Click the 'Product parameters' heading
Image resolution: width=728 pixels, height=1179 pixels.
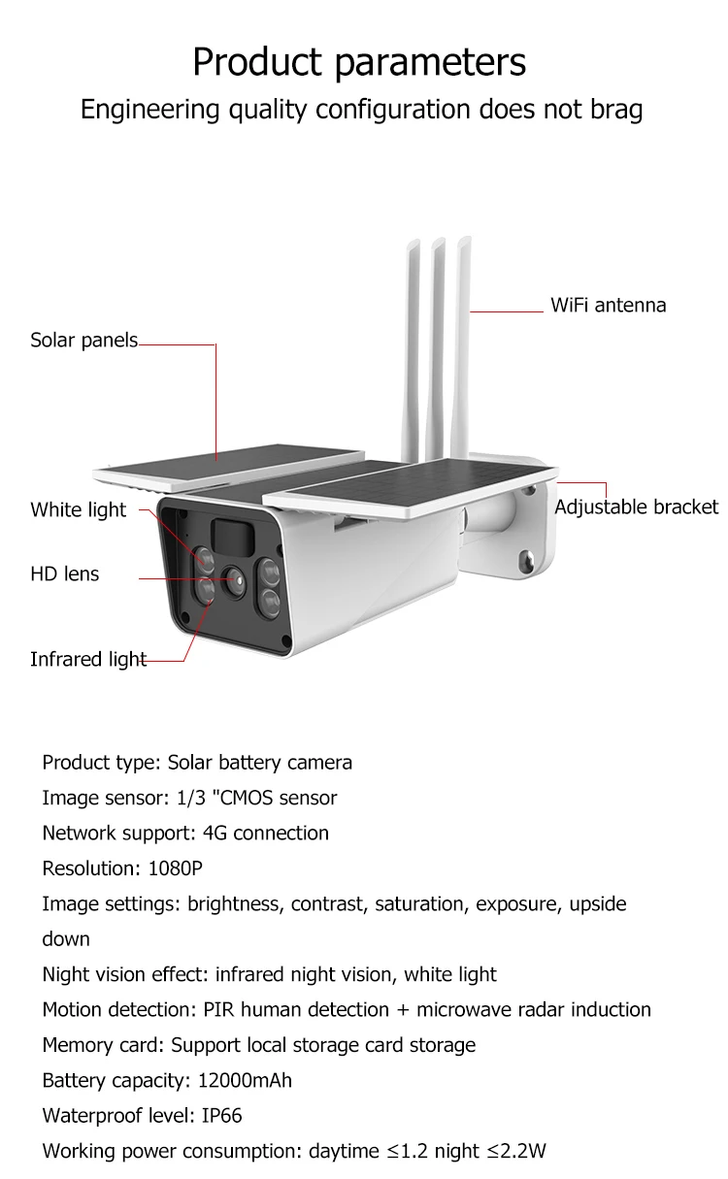coord(359,62)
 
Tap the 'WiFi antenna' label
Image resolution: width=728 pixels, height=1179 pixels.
coord(608,305)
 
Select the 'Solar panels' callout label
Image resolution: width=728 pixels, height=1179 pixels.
coord(84,341)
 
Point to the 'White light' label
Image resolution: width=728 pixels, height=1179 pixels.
coord(79,509)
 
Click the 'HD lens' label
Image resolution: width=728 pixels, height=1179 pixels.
coord(65,573)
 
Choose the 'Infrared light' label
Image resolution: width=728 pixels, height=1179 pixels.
coord(88,659)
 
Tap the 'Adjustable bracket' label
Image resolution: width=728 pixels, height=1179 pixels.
coord(636,507)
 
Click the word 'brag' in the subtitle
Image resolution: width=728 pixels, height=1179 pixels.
coord(616,110)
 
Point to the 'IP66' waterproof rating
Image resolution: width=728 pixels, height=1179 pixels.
coord(222,1116)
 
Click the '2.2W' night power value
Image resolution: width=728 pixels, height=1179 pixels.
coord(524,1152)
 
